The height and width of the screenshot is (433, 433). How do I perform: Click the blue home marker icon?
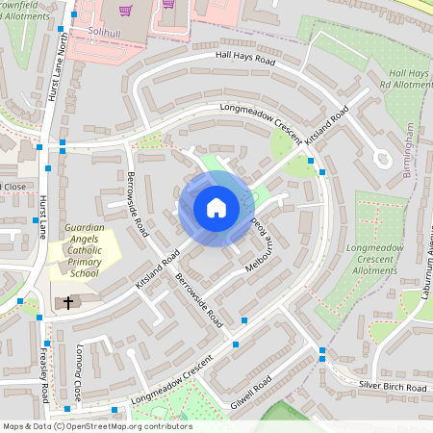[x=216, y=208]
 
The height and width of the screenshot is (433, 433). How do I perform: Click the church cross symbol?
[x=67, y=302]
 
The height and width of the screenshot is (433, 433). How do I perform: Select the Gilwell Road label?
[x=252, y=389]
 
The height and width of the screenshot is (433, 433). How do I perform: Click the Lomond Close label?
[x=78, y=372]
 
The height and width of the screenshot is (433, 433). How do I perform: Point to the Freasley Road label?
[x=44, y=372]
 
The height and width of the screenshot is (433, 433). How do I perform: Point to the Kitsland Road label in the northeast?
[x=326, y=130]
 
